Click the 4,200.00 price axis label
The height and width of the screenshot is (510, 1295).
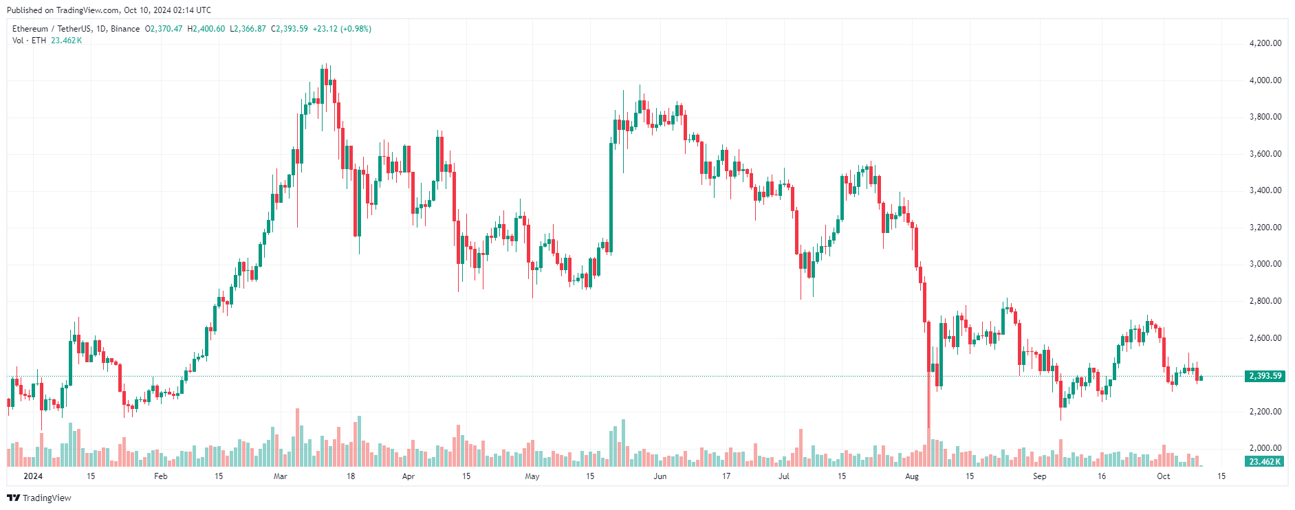1265,43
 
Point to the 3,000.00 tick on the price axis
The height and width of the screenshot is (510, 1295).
1265,264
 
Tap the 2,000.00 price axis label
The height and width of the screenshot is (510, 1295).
1265,448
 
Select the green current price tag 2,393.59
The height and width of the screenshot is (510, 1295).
1265,376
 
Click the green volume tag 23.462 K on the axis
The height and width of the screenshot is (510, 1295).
1265,462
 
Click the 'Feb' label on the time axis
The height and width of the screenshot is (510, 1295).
160,476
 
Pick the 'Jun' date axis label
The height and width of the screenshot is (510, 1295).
660,476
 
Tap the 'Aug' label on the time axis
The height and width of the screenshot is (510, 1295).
912,476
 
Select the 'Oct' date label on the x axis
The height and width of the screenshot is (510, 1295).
1163,476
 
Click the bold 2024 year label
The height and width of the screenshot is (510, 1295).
33,476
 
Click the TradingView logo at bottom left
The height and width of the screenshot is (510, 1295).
39,498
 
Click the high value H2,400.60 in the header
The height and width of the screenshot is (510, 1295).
206,29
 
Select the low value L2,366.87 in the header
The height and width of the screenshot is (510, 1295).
248,29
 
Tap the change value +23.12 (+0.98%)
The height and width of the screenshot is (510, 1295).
342,29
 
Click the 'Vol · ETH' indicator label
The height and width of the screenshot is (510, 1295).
29,41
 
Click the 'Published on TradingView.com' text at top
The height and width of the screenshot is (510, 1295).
62,10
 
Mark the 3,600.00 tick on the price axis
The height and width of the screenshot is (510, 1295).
1265,154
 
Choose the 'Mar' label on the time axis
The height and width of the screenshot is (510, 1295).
280,476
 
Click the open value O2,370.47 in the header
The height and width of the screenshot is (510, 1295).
164,29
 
